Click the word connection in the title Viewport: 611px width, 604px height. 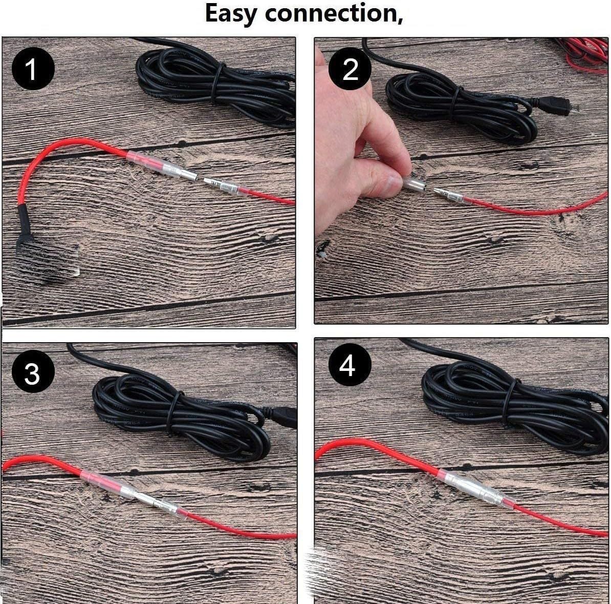(334, 14)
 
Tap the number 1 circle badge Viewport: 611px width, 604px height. (32, 70)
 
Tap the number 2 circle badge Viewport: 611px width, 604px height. (350, 69)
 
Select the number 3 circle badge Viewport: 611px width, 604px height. (32, 373)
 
